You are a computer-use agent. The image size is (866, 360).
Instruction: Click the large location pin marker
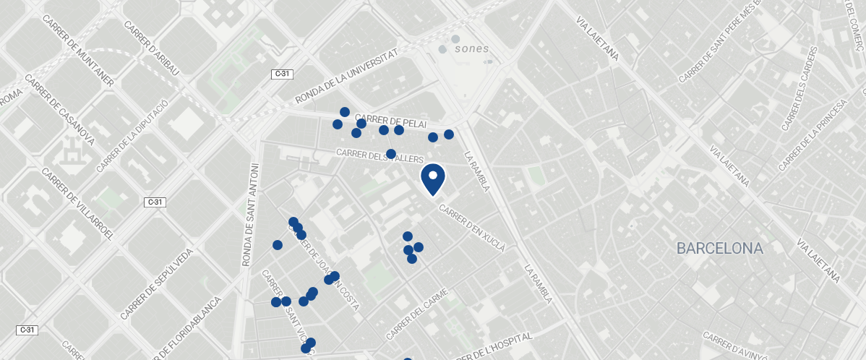[x=433, y=179]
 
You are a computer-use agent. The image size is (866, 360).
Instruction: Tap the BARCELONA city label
[x=719, y=249]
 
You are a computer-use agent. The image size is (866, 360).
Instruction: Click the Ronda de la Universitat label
[x=346, y=77]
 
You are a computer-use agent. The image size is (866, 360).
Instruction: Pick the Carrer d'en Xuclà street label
[x=472, y=227]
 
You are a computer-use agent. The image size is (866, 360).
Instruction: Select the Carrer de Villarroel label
[x=78, y=204]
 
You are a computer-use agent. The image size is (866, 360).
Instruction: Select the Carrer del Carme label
[x=417, y=314]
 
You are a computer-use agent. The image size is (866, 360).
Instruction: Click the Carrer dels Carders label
[x=797, y=90]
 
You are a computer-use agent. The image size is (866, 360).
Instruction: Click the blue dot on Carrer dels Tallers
[x=391, y=154]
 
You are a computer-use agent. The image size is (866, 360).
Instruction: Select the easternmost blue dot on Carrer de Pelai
[x=449, y=134]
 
